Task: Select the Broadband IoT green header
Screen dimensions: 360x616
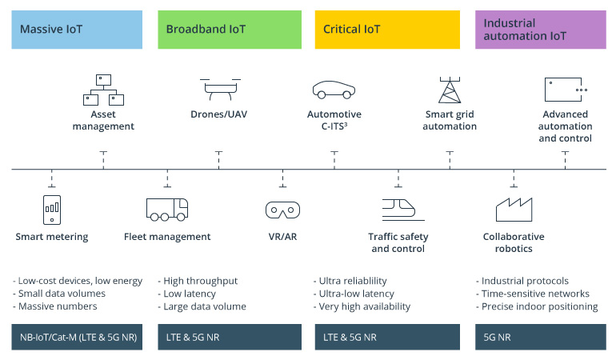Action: (230, 30)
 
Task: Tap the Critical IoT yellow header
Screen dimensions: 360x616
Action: (387, 30)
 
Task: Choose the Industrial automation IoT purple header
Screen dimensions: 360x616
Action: (540, 30)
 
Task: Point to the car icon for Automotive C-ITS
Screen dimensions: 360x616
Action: (334, 88)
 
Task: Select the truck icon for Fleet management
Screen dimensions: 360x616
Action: (167, 208)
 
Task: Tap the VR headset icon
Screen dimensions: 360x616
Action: (282, 210)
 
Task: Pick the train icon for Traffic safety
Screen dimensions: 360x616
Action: (398, 208)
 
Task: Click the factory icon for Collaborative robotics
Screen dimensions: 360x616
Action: (514, 208)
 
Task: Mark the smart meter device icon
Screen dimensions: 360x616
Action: (51, 209)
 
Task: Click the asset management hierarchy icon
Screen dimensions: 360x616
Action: (103, 90)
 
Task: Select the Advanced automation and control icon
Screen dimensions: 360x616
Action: (565, 89)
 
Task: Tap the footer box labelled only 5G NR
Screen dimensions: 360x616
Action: (540, 337)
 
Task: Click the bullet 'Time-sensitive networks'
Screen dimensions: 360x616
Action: (534, 294)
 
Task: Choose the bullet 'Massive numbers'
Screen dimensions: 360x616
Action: (56, 306)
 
